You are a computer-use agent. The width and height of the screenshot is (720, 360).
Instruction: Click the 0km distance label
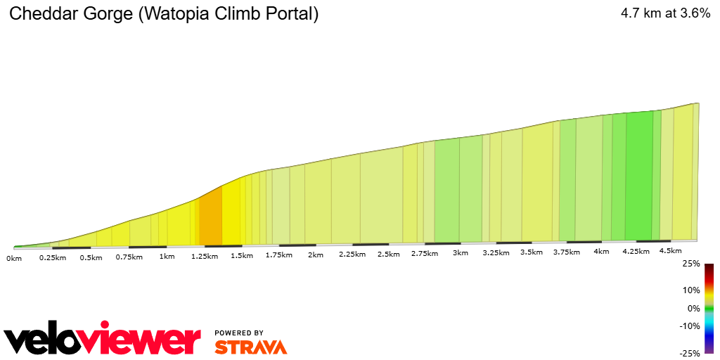(14, 258)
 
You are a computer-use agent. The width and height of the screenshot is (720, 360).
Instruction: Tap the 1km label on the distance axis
(167, 256)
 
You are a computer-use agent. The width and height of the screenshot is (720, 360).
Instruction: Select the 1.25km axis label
(204, 257)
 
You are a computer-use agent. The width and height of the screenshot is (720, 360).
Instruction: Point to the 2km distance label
(315, 255)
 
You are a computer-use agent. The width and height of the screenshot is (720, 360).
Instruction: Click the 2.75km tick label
(425, 253)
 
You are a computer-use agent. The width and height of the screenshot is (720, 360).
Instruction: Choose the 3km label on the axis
(461, 252)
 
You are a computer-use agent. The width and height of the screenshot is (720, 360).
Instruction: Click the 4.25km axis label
(636, 251)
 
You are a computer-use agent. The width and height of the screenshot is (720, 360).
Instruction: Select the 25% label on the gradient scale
(691, 264)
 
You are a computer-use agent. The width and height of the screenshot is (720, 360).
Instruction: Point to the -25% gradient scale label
(689, 354)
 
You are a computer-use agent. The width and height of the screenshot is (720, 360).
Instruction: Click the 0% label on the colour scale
(693, 308)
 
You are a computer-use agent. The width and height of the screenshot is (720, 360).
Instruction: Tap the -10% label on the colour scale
(690, 326)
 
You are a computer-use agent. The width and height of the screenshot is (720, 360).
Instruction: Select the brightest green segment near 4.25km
(638, 176)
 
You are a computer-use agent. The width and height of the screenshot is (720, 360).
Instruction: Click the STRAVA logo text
(250, 347)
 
